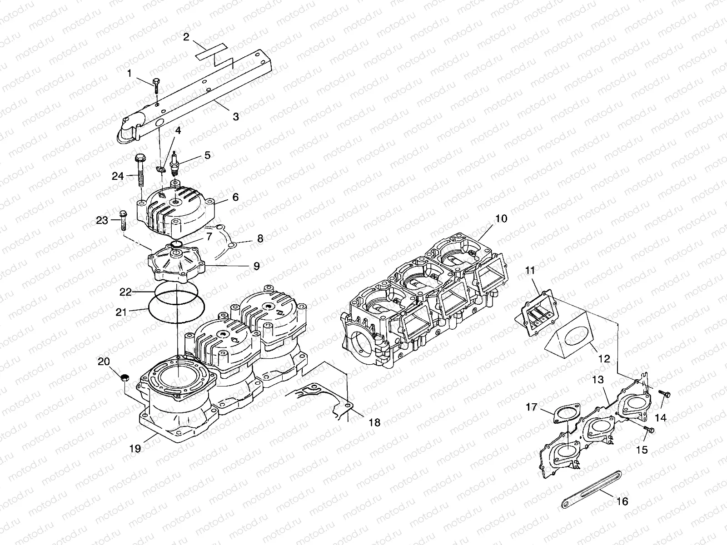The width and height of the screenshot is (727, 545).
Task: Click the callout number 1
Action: (129, 73)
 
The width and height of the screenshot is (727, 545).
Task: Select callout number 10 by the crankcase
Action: (501, 218)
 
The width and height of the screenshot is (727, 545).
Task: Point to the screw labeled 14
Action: (666, 394)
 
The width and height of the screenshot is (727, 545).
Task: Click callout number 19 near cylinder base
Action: (134, 448)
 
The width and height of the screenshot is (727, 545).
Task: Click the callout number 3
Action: (235, 116)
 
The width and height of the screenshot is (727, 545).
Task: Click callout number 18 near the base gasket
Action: (374, 422)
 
